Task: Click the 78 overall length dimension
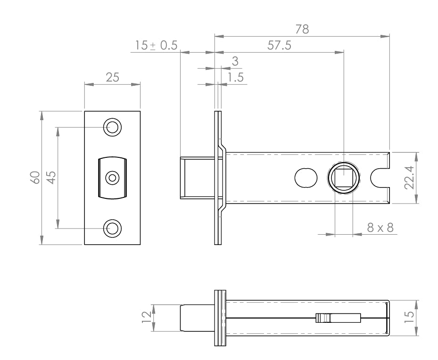pos(302,29)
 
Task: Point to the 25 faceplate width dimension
pos(112,78)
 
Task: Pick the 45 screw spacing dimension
pos(51,178)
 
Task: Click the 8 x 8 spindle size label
pos(380,228)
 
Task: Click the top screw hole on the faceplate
pos(112,127)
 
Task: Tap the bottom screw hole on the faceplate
pos(112,228)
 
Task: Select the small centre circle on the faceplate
pos(112,178)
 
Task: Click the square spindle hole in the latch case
pos(344,178)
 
